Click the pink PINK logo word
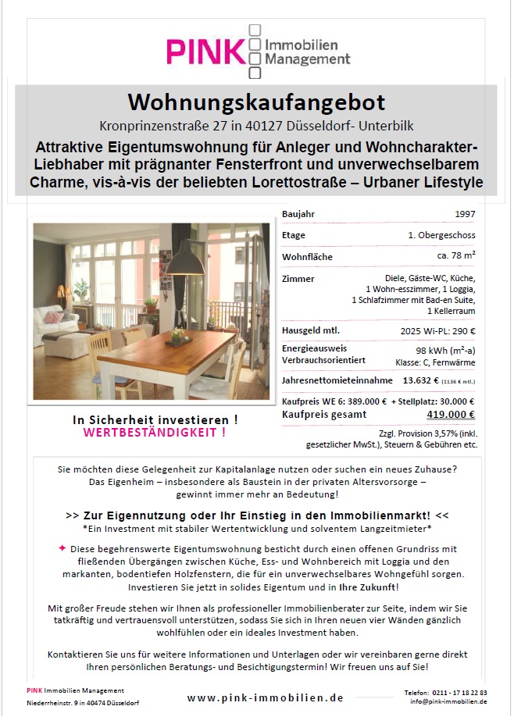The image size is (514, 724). coord(205,52)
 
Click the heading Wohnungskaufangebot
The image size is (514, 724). coord(256,102)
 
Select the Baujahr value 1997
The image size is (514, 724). coord(465,214)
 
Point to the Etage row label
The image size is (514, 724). coord(294,235)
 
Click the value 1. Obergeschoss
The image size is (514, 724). coord(441,235)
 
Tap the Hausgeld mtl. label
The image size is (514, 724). coord(311,331)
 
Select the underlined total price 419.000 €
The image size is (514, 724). coord(451,415)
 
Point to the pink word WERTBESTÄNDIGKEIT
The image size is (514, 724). coord(155,432)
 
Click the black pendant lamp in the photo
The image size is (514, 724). coord(187,263)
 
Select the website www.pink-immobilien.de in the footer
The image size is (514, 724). coord(266,698)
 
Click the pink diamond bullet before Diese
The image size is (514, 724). coord(62,548)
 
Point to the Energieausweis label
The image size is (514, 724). coord(315,348)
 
